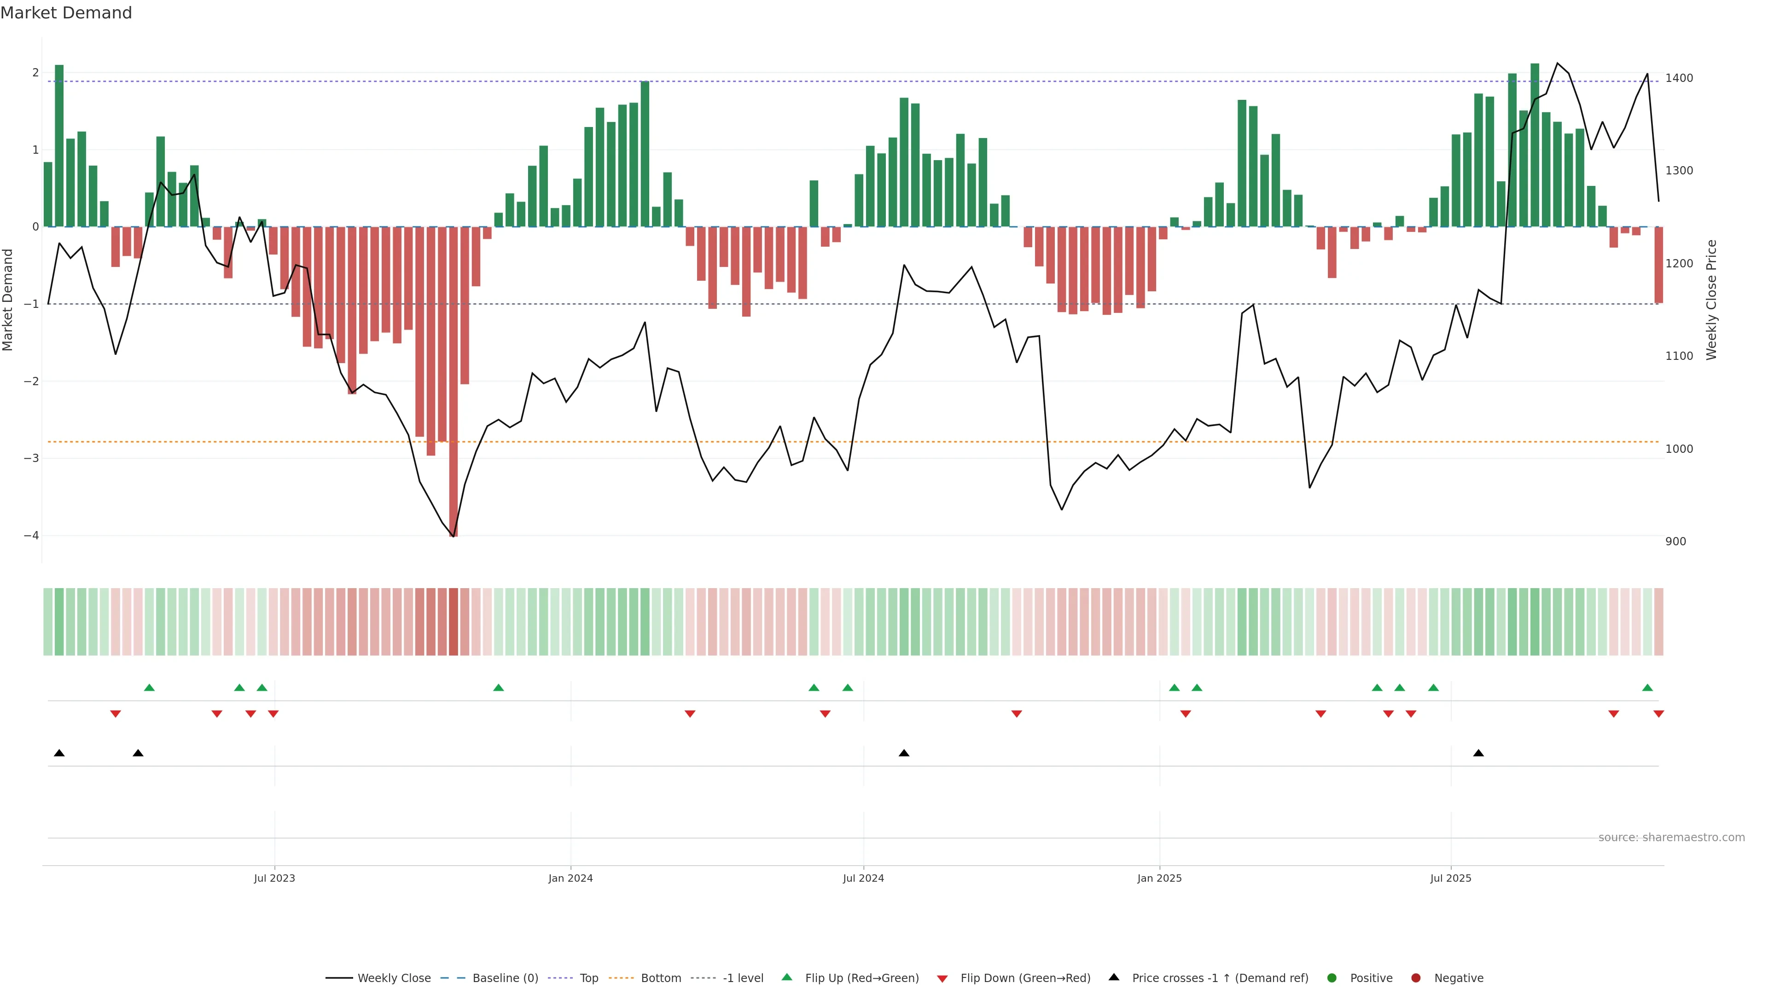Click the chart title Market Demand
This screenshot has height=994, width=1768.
pyautogui.click(x=66, y=13)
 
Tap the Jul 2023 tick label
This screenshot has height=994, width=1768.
pyautogui.click(x=274, y=878)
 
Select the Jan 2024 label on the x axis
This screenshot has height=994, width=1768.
pyautogui.click(x=570, y=878)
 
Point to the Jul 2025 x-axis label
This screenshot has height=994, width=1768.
pyautogui.click(x=1450, y=878)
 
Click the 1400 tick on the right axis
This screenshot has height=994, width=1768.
pyautogui.click(x=1679, y=78)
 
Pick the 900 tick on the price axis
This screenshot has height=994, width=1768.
pyautogui.click(x=1675, y=541)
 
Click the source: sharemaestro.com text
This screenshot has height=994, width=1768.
pyautogui.click(x=1671, y=838)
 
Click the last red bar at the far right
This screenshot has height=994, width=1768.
pyautogui.click(x=1658, y=265)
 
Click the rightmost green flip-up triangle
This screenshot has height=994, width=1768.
pyautogui.click(x=1647, y=688)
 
